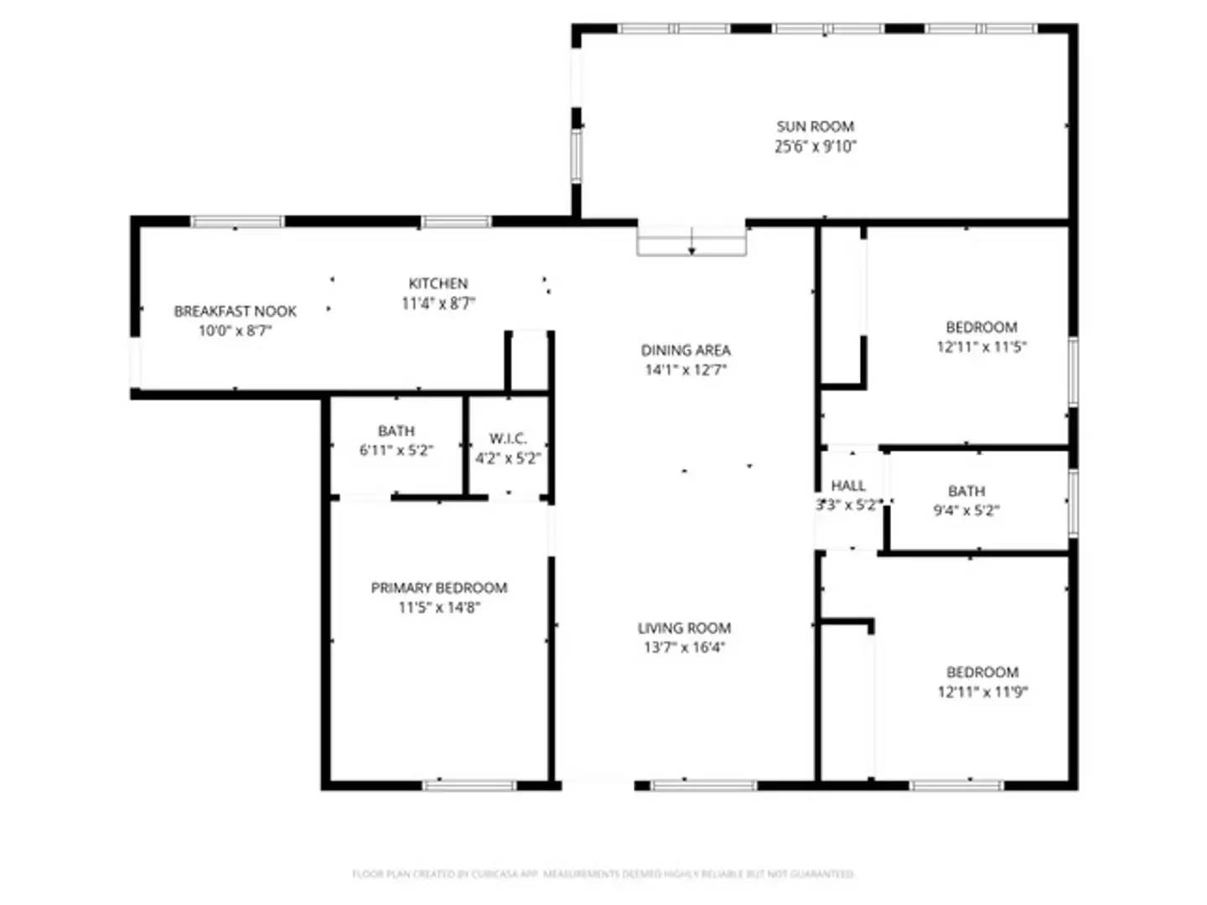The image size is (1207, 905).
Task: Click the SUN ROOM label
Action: pyautogui.click(x=815, y=127)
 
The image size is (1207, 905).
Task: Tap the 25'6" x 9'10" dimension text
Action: pyautogui.click(x=815, y=147)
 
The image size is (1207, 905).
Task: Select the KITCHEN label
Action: pyautogui.click(x=438, y=283)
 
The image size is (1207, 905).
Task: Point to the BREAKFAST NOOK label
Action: pyautogui.click(x=235, y=311)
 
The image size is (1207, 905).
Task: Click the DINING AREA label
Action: pyautogui.click(x=686, y=350)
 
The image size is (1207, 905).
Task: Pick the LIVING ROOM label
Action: pyautogui.click(x=684, y=628)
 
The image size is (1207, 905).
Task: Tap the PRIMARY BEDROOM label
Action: pyautogui.click(x=438, y=587)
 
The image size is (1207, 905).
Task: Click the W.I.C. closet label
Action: pyautogui.click(x=508, y=438)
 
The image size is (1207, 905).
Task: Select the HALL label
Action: pyautogui.click(x=848, y=485)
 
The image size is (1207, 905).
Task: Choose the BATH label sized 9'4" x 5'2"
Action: pyautogui.click(x=966, y=491)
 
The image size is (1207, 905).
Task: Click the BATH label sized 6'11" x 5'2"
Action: pyautogui.click(x=396, y=431)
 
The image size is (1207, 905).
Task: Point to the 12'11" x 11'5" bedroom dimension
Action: pyautogui.click(x=981, y=347)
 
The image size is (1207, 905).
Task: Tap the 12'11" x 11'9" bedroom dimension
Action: pyautogui.click(x=982, y=692)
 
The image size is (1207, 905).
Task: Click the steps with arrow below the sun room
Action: pyautogui.click(x=692, y=240)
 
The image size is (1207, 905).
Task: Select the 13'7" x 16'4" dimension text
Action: pyautogui.click(x=684, y=648)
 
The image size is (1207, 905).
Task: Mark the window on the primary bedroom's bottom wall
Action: pyautogui.click(x=469, y=785)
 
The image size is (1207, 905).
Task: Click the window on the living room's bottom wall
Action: pyautogui.click(x=703, y=785)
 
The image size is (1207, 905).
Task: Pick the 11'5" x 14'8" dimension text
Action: pyautogui.click(x=438, y=608)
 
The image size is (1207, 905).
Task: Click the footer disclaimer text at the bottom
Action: pyautogui.click(x=603, y=874)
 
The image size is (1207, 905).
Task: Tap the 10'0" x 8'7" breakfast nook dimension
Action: pyautogui.click(x=235, y=331)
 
